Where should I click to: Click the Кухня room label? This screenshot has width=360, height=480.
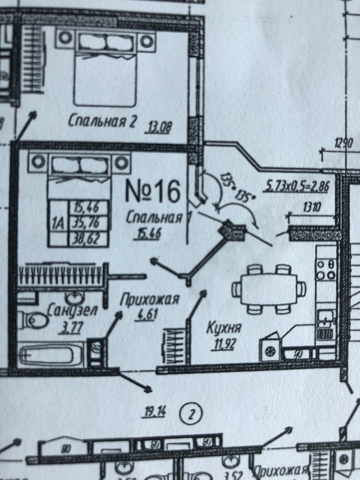tap(223, 328)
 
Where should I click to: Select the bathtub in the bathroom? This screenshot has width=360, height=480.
tap(48, 356)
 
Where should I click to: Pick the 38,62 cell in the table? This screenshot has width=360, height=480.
tap(89, 239)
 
